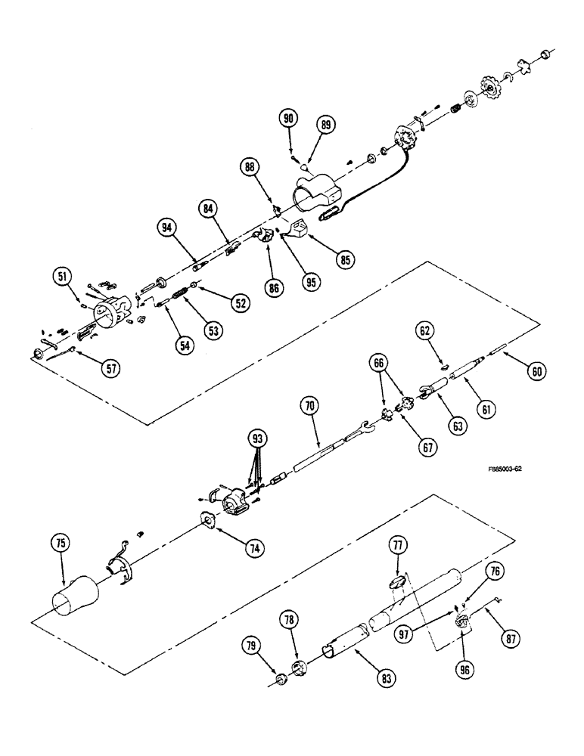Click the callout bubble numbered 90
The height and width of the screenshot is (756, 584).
(x=290, y=119)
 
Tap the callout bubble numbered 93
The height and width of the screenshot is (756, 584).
(x=259, y=438)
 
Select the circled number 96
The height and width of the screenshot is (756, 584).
(x=464, y=668)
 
